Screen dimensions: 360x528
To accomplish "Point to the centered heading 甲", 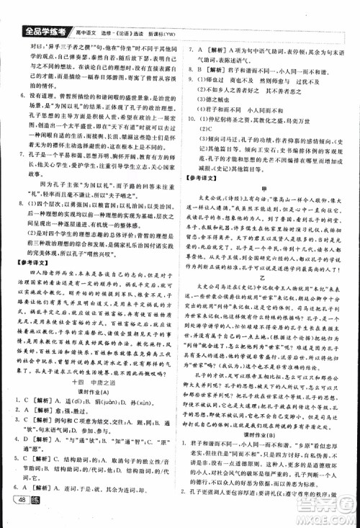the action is click(271, 187).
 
